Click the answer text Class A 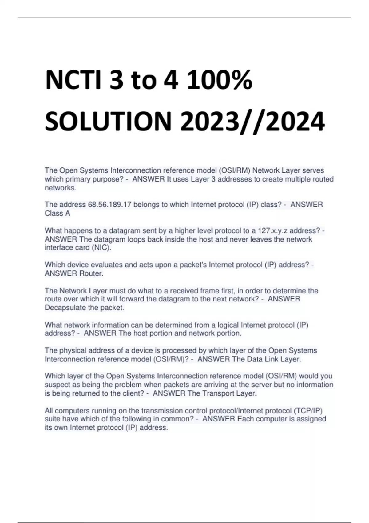(58, 213)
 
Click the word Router (91, 273)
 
